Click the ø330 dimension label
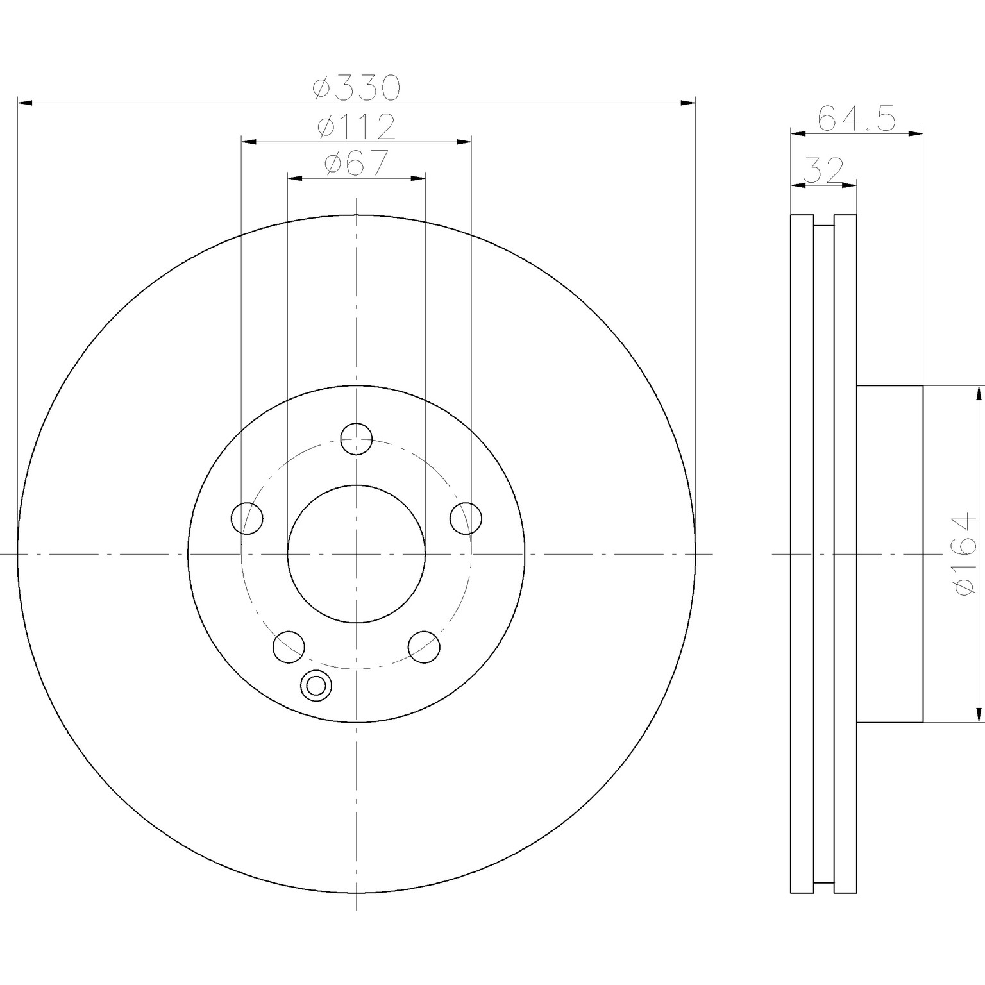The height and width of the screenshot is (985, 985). [x=356, y=88]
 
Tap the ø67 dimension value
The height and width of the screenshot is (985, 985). [x=356, y=163]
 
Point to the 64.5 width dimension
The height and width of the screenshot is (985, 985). [x=856, y=119]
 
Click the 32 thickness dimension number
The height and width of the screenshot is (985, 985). [x=823, y=171]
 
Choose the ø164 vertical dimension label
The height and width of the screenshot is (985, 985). [x=966, y=553]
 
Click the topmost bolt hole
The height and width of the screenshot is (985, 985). [x=357, y=439]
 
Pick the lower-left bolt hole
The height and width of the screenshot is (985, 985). [x=289, y=646]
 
